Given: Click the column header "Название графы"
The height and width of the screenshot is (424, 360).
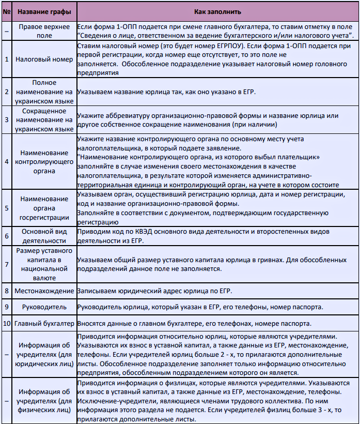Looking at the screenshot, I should (43, 11).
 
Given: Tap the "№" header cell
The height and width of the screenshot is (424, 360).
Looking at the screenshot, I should (6, 11).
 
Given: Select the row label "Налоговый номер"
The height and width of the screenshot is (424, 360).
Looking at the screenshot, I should (43, 59).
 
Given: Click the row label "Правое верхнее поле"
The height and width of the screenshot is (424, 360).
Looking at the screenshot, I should (43, 30).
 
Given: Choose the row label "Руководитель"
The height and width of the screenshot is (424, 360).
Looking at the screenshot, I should (43, 307).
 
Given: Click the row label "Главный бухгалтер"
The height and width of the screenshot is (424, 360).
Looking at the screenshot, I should (43, 324).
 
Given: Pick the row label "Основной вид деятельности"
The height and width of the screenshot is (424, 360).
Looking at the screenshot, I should (43, 236).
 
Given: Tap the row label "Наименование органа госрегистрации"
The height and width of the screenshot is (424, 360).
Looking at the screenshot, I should (43, 207).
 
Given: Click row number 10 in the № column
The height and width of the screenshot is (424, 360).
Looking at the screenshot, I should (6, 324).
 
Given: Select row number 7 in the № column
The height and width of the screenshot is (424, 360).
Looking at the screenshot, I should (6, 264).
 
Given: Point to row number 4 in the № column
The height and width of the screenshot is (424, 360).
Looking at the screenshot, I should (6, 161).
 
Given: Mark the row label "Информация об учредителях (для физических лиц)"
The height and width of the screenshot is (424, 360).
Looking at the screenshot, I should (43, 401).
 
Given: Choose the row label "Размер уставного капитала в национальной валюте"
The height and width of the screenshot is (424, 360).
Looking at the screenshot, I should (43, 264).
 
